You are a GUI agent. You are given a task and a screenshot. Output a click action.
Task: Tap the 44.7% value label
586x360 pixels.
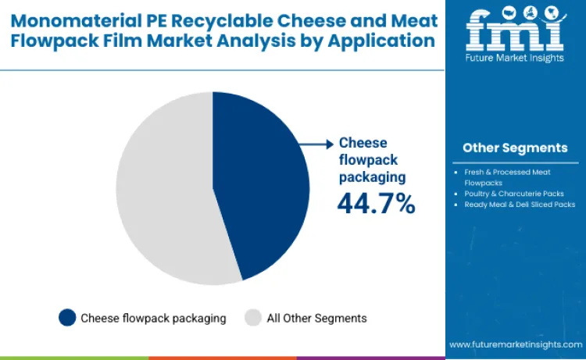coord(376,204)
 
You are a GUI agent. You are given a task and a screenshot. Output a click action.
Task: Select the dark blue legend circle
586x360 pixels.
coord(68,318)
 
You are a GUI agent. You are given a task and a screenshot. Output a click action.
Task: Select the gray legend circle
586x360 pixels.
coord(253,318)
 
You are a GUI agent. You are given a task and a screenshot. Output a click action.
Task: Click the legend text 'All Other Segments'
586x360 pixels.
coord(316,318)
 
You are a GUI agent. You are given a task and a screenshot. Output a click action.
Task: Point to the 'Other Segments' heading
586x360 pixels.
coord(515,148)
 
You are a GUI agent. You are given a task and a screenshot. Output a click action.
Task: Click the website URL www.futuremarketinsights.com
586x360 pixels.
coord(516,344)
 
